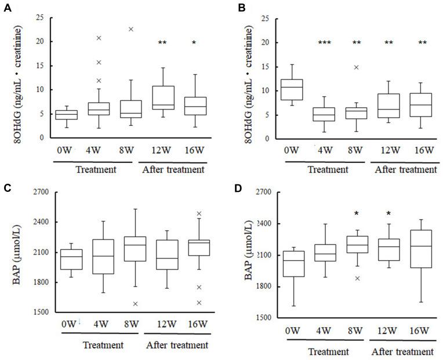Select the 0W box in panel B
click(292, 89)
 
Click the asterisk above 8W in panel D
click(356, 214)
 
